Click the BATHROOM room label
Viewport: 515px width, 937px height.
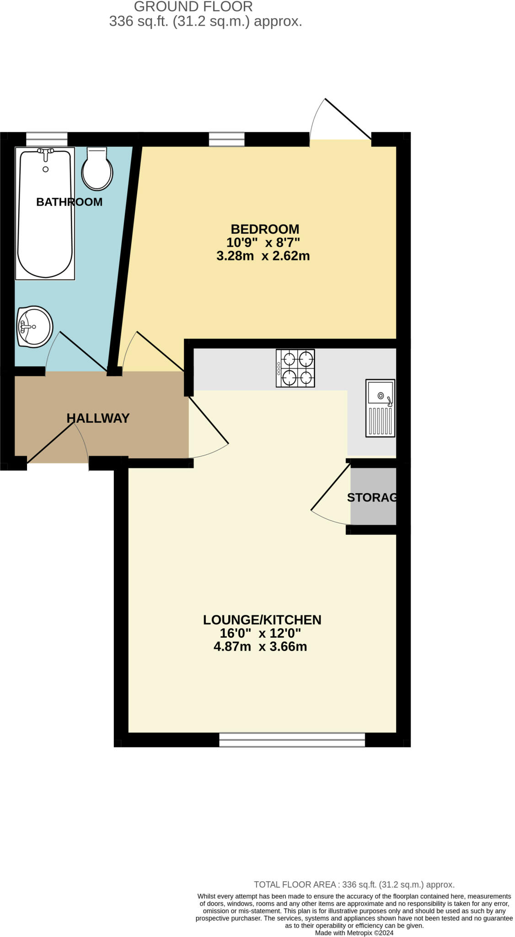(69, 202)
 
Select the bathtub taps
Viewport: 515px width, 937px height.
(45, 152)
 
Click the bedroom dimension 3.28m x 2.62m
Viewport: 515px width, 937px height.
(263, 256)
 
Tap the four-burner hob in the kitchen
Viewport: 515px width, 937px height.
(295, 368)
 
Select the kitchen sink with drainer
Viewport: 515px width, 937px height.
(380, 408)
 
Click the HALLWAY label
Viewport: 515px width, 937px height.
(98, 418)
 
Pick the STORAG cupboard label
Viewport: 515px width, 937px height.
(372, 497)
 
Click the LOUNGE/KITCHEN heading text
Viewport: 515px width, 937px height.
(262, 619)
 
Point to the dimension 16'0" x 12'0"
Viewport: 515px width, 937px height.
(260, 633)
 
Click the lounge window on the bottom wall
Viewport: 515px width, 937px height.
(292, 739)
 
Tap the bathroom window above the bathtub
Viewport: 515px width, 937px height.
(47, 139)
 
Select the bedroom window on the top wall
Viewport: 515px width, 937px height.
(226, 139)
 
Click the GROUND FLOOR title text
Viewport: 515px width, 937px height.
(193, 7)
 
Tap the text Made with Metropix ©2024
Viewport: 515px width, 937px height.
(354, 932)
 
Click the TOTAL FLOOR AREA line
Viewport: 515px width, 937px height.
(354, 884)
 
